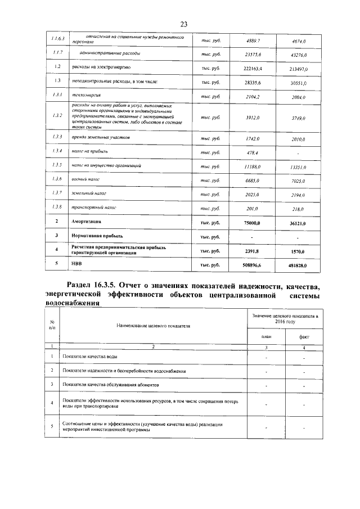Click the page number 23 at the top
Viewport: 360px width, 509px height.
pos(183,24)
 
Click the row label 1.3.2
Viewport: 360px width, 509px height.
pos(56,116)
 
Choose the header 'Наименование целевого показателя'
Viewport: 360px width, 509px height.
pos(153,326)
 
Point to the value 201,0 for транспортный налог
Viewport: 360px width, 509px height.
pos(253,208)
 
